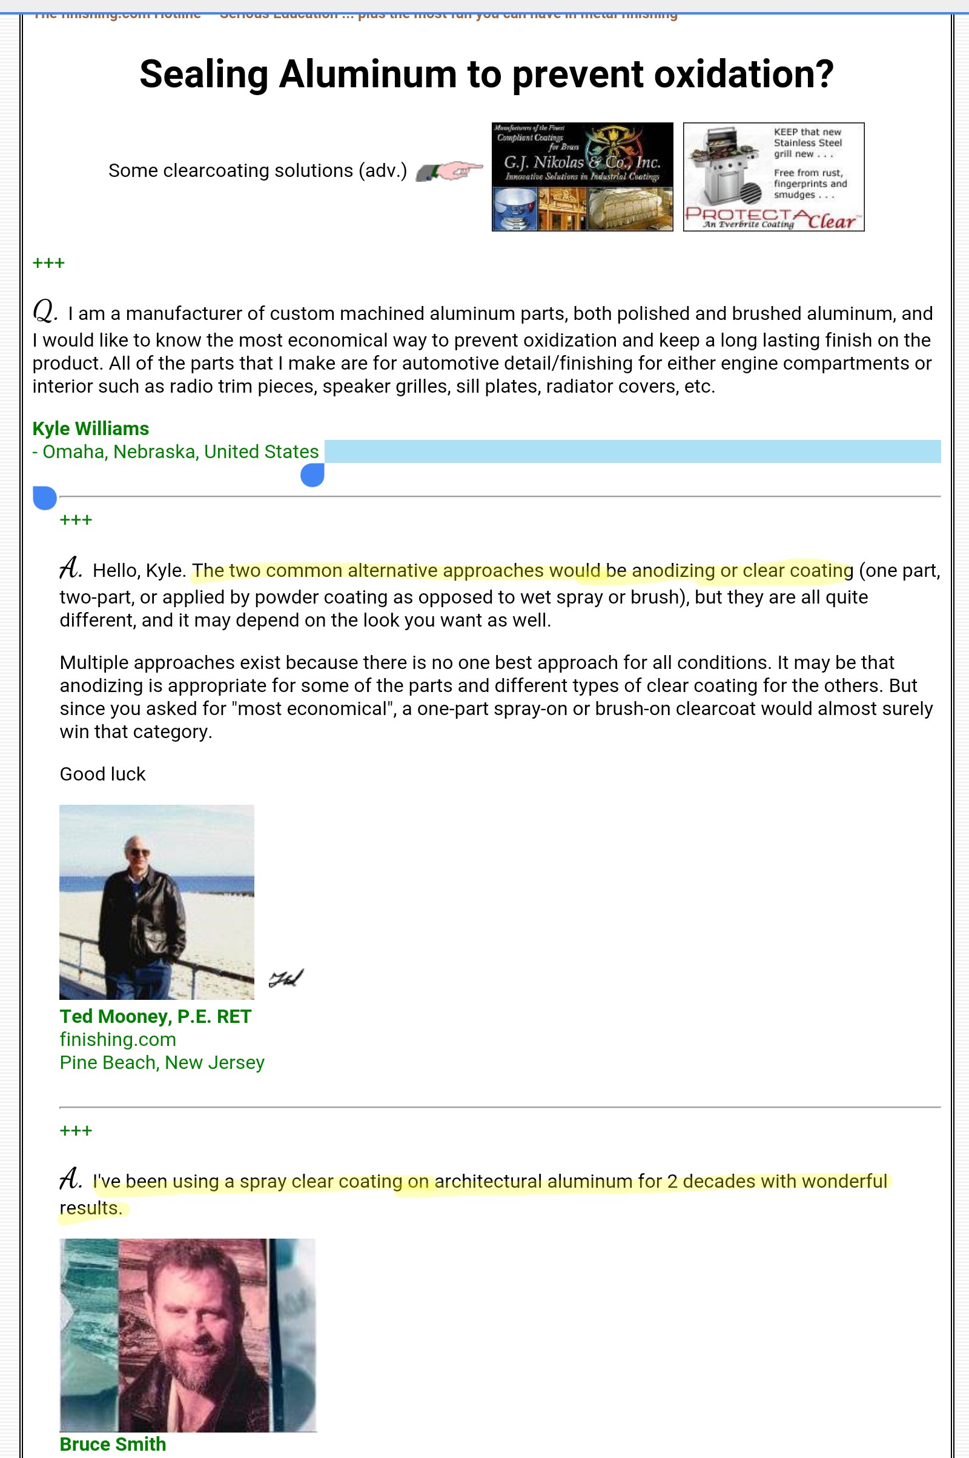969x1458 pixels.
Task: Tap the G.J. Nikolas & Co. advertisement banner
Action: [x=582, y=177]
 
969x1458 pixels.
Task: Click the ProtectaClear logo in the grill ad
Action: [x=773, y=219]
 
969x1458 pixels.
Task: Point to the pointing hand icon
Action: [x=449, y=171]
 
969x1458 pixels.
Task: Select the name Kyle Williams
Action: [x=91, y=428]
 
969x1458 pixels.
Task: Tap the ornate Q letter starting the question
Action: [x=45, y=311]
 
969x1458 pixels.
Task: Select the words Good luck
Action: [x=102, y=774]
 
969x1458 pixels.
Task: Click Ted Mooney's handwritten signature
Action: [x=286, y=978]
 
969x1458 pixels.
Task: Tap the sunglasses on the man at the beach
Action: [x=140, y=853]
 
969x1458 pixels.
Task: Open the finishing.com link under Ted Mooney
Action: [x=118, y=1039]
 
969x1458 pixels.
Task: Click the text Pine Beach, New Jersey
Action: [x=162, y=1062]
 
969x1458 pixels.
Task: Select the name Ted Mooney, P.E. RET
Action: [x=155, y=1016]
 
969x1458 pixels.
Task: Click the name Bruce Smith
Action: [x=113, y=1444]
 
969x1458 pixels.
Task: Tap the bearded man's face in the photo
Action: [x=191, y=1317]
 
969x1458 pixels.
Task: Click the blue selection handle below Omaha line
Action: [x=312, y=476]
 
